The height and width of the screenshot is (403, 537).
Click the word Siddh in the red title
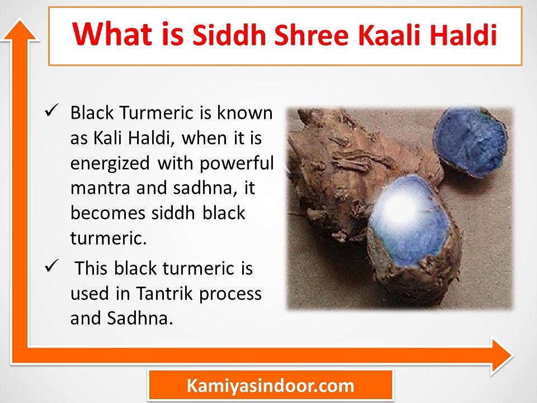(x=229, y=34)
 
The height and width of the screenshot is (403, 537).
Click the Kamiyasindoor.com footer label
(x=270, y=386)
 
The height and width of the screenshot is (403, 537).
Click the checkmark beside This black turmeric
(x=51, y=265)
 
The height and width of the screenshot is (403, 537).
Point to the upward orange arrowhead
(x=20, y=31)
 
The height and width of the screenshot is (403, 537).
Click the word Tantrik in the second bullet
(x=164, y=293)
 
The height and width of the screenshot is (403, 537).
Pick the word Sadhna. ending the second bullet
(x=140, y=318)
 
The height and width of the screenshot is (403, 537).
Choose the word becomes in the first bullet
(x=108, y=213)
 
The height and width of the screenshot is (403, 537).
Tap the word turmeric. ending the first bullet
(x=109, y=238)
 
